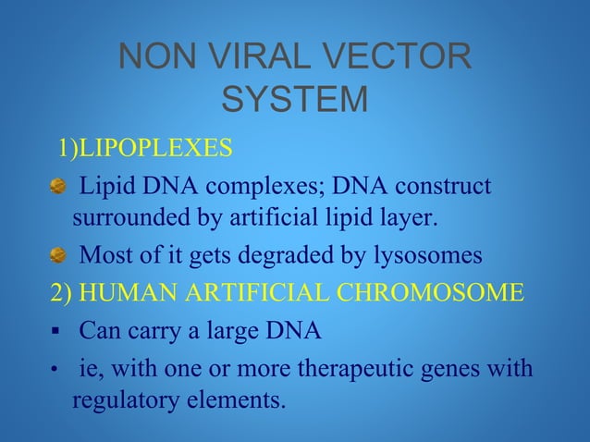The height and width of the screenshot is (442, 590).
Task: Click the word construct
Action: tap(444, 186)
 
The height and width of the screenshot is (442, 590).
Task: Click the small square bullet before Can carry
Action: tap(55, 330)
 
